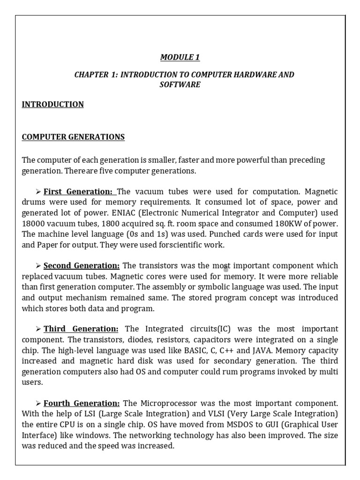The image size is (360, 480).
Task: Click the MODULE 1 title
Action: pos(180,57)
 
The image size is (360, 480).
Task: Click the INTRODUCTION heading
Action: pos(53,104)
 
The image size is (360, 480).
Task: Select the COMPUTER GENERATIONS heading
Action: pos(74,137)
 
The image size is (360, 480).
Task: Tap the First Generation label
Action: pos(78,191)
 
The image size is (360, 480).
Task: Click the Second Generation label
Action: pos(82,265)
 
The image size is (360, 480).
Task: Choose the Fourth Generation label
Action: pos(82,403)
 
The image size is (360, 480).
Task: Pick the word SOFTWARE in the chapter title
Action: pos(180,84)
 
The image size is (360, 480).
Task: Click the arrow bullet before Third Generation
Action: pos(38,329)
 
